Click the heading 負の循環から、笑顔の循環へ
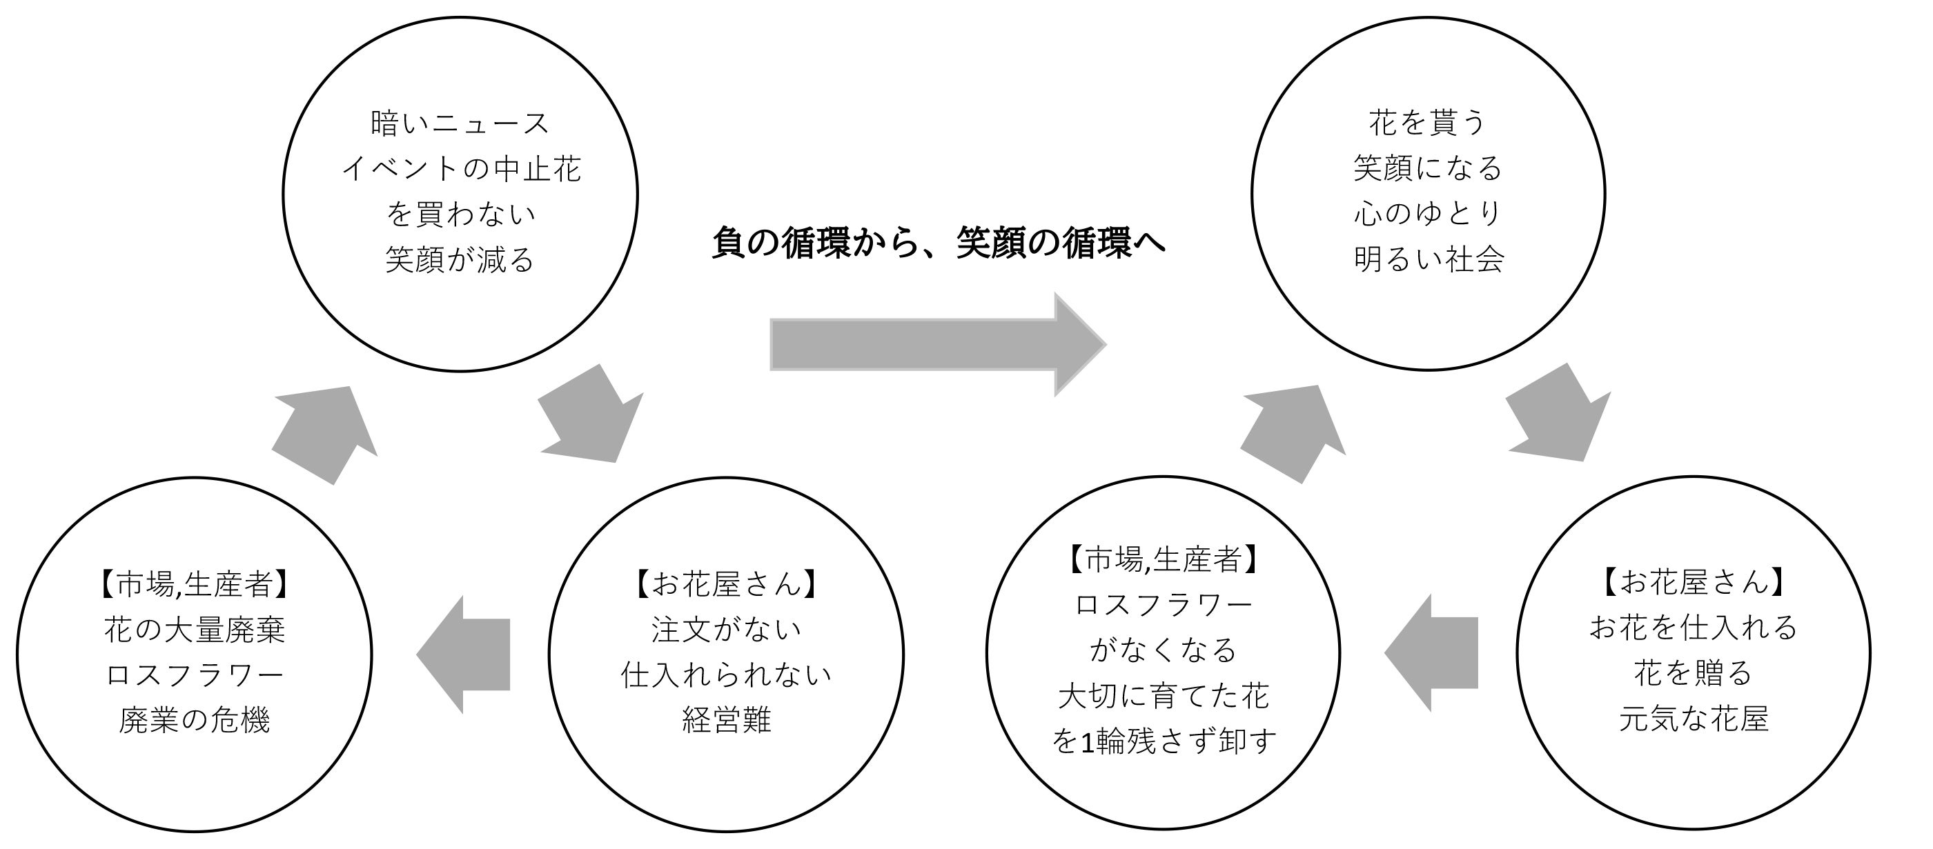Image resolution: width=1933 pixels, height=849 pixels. pos(938,243)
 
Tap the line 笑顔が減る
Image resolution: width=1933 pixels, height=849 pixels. pos(460,260)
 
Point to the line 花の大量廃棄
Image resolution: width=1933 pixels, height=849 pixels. pos(195,630)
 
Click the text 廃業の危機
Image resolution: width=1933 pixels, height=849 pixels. pos(195,721)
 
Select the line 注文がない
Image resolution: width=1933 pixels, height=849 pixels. pos(725,630)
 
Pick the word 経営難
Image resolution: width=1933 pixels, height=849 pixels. pos(725,721)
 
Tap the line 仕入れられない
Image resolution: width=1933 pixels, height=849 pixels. pos(725,675)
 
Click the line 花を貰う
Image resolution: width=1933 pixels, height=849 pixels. pos(1427,122)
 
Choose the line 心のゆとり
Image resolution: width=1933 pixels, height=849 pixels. pos(1427,214)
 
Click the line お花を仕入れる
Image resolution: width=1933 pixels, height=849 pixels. pos(1693,628)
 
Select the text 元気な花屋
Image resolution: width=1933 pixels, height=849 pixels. pos(1693,719)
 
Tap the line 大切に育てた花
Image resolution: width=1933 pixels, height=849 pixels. pos(1163,696)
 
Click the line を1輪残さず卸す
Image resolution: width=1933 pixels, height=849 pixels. pos(1163,741)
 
